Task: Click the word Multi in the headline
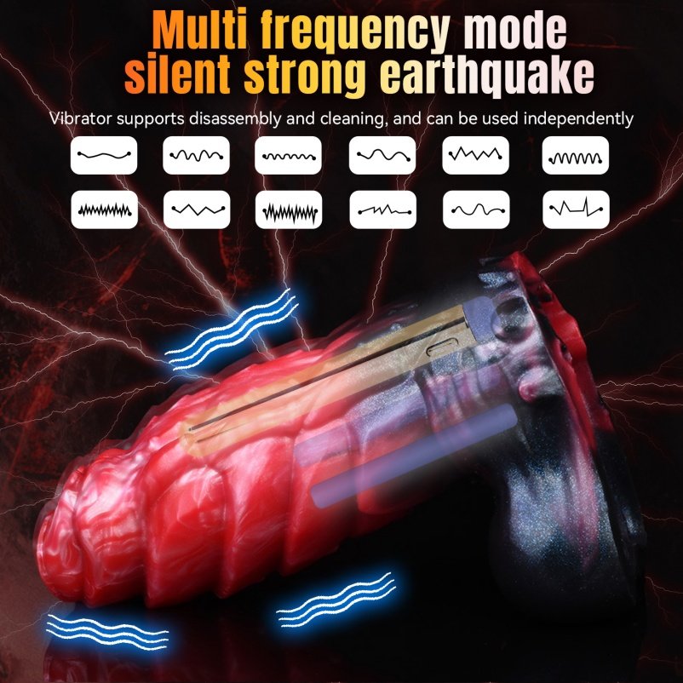201,32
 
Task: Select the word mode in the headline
515,32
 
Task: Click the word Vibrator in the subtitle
80,118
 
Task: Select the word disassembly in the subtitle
235,119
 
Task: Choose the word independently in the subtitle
578,119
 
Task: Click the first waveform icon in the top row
104,155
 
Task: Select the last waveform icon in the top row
576,155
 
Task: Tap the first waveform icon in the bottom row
104,209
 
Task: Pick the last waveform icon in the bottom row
576,209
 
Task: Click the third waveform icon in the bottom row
289,209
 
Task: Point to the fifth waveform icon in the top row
476,155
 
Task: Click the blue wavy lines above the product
232,330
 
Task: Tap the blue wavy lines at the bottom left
106,633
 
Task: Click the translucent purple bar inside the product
414,455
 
